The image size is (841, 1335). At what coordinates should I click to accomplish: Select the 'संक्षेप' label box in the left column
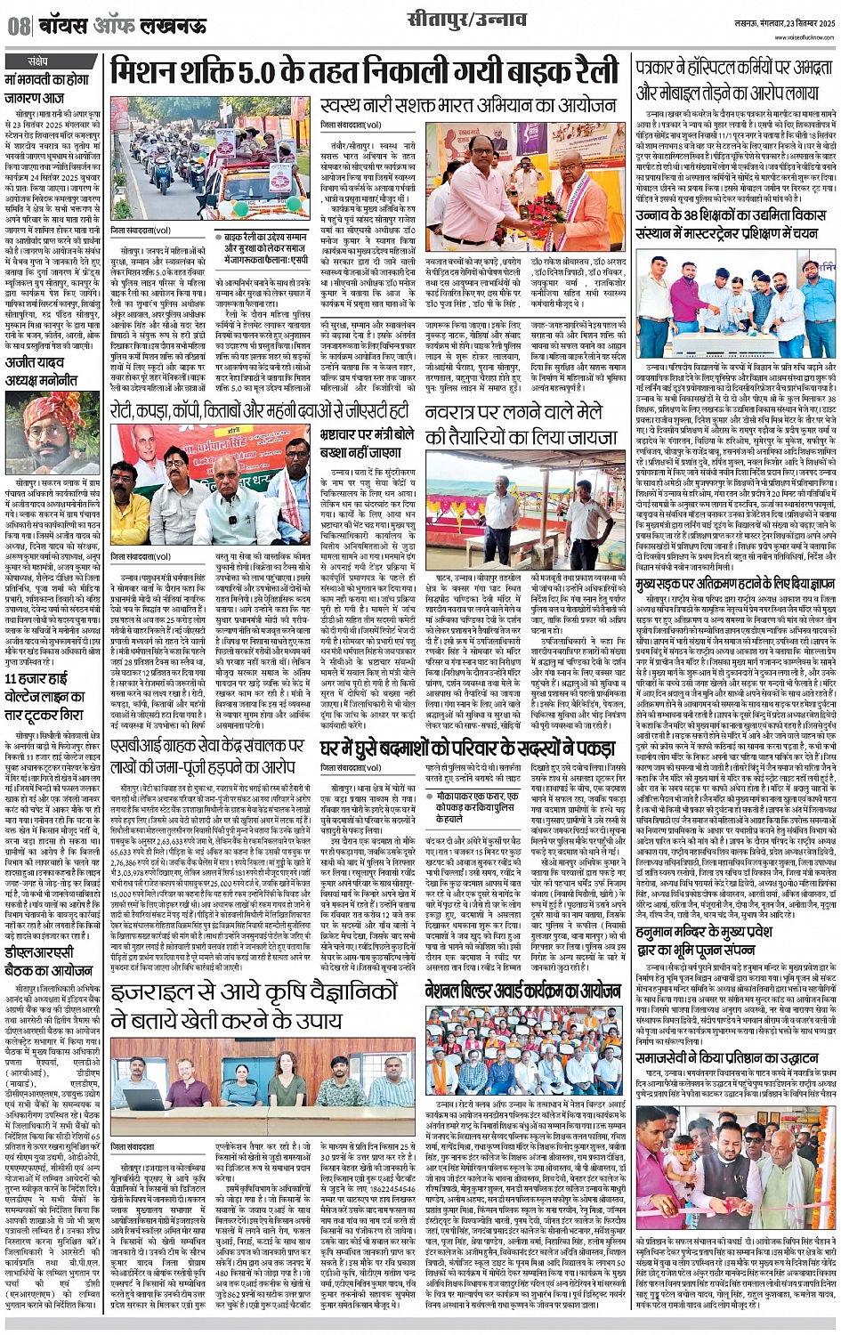[x=37, y=61]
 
